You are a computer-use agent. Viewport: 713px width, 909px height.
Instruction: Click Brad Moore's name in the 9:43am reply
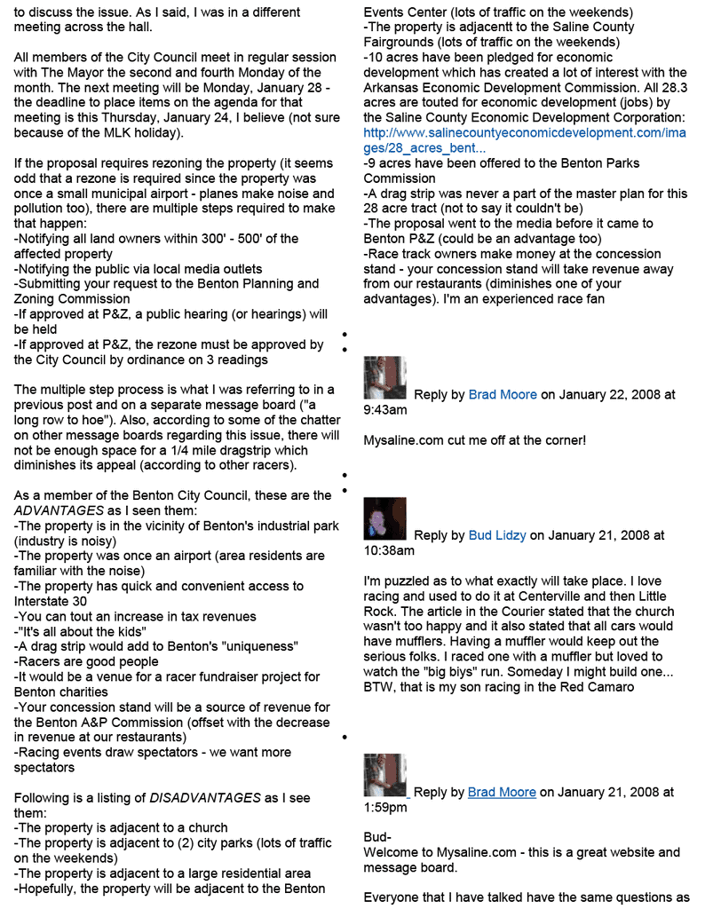click(x=503, y=394)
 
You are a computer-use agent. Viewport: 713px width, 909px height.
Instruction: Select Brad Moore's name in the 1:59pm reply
click(x=502, y=792)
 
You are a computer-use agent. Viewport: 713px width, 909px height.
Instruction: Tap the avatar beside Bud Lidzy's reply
click(x=384, y=519)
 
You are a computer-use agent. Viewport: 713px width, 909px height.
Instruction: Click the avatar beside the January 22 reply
click(x=384, y=378)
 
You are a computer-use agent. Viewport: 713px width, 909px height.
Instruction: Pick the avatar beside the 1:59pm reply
click(x=384, y=775)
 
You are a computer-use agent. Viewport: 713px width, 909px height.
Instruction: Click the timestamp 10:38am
click(x=389, y=551)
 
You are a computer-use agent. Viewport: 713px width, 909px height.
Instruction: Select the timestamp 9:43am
click(x=385, y=410)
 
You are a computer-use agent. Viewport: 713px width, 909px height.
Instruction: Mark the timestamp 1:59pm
click(x=385, y=808)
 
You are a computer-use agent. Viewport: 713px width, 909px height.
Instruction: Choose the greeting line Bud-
click(x=377, y=837)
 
